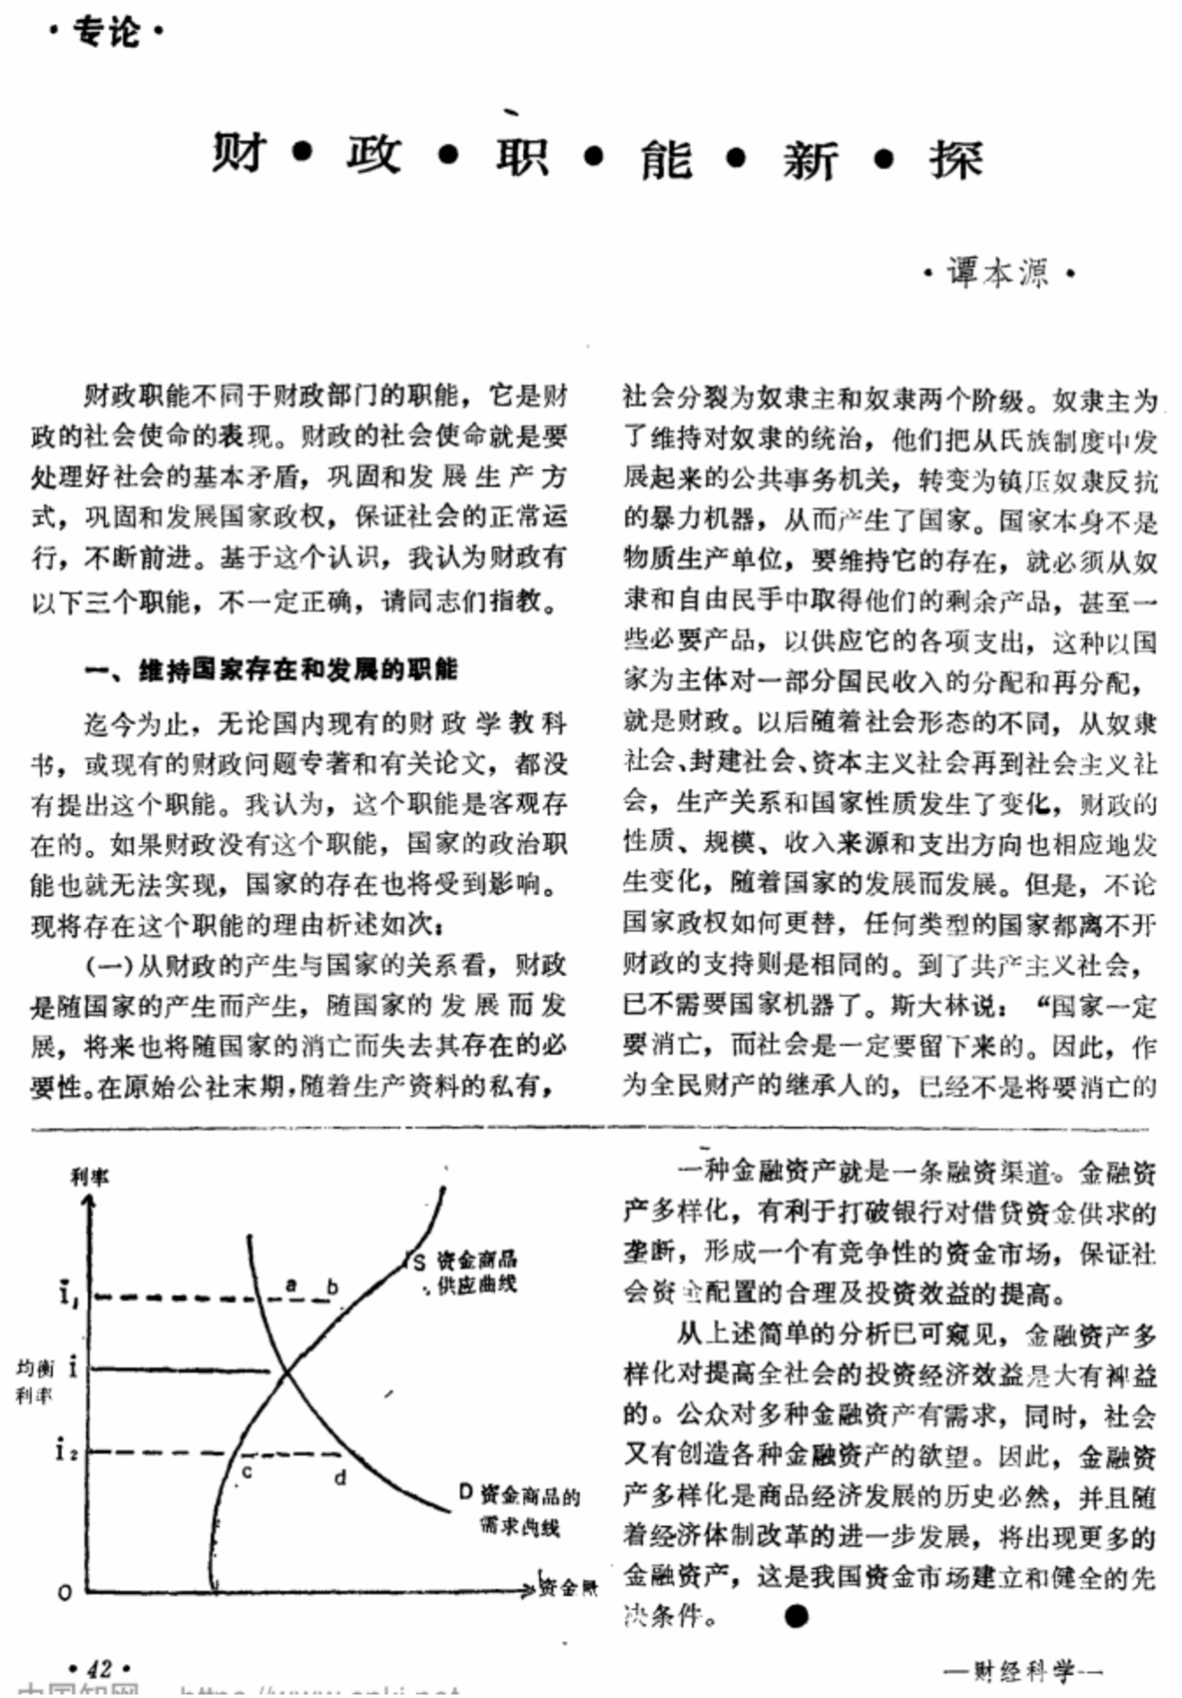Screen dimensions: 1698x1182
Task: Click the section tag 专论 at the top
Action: [x=106, y=33]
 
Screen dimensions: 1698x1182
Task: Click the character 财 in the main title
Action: [x=238, y=153]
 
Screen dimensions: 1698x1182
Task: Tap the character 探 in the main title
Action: [x=955, y=160]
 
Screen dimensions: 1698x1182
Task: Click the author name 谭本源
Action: [x=997, y=273]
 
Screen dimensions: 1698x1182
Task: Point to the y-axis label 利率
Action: [x=90, y=1177]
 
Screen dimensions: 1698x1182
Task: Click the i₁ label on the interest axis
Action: [x=67, y=1294]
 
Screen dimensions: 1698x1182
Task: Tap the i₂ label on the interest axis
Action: [x=66, y=1449]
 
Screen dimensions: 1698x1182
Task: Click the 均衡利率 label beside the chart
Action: [x=35, y=1381]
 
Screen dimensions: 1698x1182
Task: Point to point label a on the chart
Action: [x=292, y=1284]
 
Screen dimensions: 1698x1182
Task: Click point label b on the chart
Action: [x=332, y=1287]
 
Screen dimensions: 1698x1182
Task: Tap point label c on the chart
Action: [x=247, y=1470]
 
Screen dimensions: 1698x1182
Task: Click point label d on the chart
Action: [x=340, y=1477]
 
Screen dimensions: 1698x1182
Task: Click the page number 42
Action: [x=100, y=1668]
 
